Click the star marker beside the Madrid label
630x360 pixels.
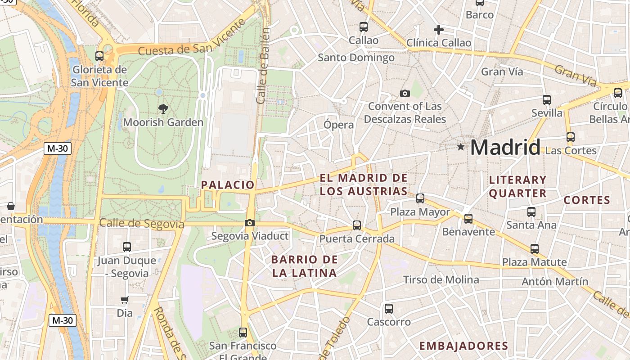coord(460,147)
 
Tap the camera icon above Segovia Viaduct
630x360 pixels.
coord(249,223)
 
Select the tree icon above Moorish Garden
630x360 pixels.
coord(163,108)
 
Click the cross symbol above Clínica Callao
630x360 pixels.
coord(438,30)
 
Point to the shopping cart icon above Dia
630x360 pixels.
coord(124,300)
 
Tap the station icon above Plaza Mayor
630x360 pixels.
coord(420,198)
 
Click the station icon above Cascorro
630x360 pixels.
coord(389,309)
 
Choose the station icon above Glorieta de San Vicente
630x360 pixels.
coord(99,56)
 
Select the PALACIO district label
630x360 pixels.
coord(228,184)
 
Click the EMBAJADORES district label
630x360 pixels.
coord(463,346)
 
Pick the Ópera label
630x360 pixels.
coord(339,125)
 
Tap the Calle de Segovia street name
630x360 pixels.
coord(142,223)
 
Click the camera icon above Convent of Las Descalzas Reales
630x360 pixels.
coord(405,94)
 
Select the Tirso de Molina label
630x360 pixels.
coord(441,280)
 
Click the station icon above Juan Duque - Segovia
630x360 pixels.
coord(127,247)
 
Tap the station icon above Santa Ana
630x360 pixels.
coord(531,211)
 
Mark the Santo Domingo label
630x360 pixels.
coord(356,58)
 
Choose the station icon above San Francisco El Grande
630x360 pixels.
coord(243,333)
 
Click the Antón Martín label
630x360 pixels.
coord(555,282)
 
